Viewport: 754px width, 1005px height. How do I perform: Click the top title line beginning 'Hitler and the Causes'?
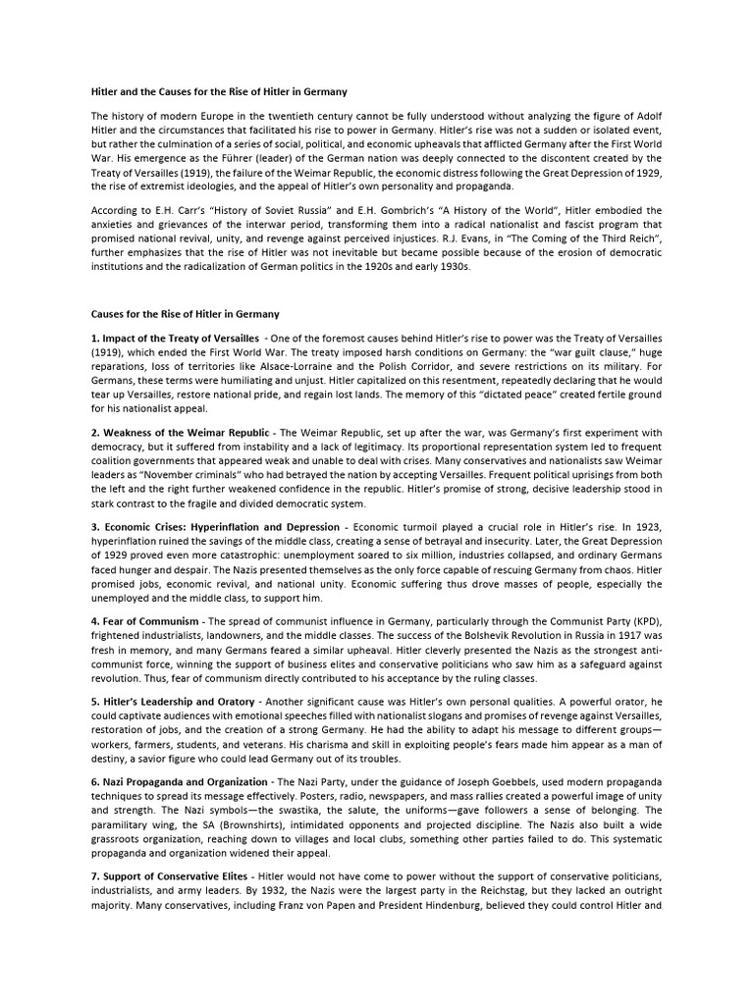pyautogui.click(x=219, y=92)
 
